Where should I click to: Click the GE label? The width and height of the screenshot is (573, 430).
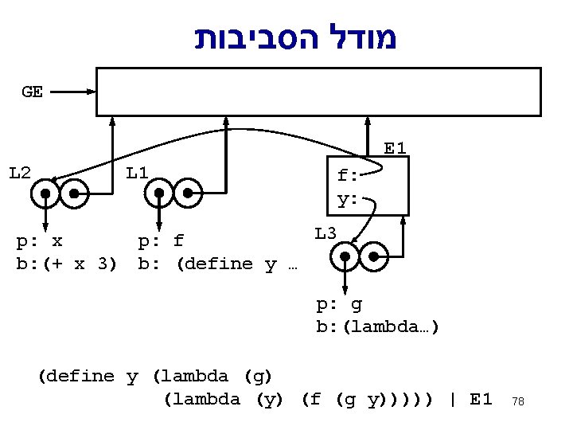(33, 92)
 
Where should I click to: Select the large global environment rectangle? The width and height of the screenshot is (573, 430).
(318, 92)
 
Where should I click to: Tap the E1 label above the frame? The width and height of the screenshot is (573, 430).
(396, 148)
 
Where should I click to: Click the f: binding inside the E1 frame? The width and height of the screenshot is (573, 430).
(348, 176)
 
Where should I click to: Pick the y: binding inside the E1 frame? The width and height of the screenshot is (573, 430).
(348, 199)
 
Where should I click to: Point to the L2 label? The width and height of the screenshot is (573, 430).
(20, 172)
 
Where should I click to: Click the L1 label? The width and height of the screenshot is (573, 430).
(138, 172)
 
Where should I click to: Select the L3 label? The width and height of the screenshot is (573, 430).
(325, 233)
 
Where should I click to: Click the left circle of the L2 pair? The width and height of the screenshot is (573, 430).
(46, 193)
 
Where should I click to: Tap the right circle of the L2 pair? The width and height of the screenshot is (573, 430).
(74, 193)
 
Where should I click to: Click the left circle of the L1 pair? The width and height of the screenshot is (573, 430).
(161, 193)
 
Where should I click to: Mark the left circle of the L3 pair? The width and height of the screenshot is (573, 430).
(345, 256)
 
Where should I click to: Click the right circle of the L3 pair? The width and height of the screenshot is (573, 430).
(373, 256)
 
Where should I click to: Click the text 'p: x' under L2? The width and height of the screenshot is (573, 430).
(41, 240)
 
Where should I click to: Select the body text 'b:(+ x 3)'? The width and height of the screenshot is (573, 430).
(67, 264)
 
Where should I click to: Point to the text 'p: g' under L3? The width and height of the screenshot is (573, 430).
(340, 303)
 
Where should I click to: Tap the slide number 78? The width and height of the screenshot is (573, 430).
(518, 401)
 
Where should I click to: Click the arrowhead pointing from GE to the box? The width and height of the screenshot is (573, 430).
(91, 92)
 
